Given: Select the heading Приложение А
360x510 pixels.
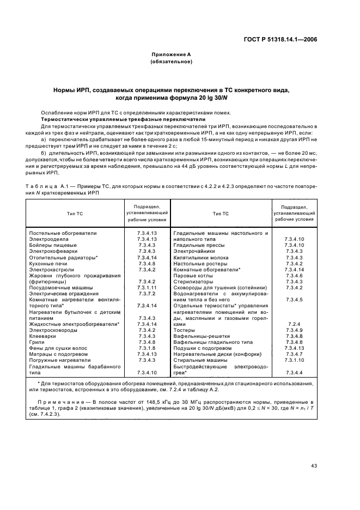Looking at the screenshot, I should click(171, 54).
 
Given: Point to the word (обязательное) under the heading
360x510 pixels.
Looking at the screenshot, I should click(171, 62).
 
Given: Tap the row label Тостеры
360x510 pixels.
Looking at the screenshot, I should click(184, 330).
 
